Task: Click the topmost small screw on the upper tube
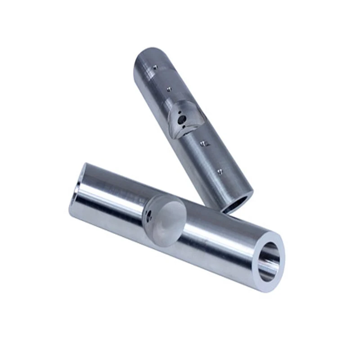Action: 155,66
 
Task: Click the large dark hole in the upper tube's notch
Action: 182,120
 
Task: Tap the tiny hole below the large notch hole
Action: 185,127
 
